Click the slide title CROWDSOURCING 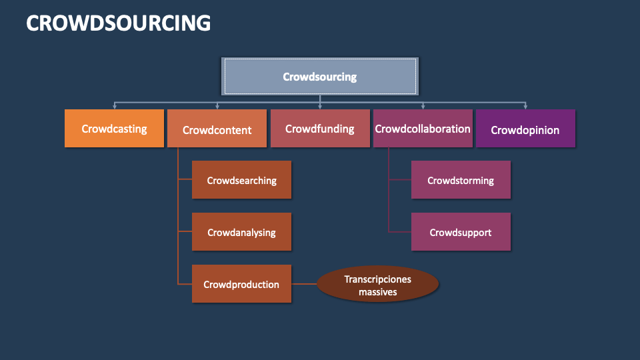(x=118, y=23)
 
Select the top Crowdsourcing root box (x=320, y=76)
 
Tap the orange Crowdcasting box (x=114, y=129)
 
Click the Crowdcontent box (x=217, y=129)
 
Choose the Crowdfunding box (x=320, y=129)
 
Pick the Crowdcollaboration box (x=423, y=129)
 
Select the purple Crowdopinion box (x=525, y=129)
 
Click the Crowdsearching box (x=241, y=180)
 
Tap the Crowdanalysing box (x=241, y=233)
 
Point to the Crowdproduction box (x=241, y=284)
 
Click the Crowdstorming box (x=461, y=180)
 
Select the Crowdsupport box (x=461, y=232)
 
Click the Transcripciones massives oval (x=377, y=285)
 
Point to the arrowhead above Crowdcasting (x=115, y=105)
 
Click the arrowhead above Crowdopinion (x=525, y=105)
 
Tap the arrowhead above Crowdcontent (x=217, y=105)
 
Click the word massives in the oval (x=377, y=291)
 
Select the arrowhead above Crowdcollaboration (x=423, y=105)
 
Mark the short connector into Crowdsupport (x=400, y=232)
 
